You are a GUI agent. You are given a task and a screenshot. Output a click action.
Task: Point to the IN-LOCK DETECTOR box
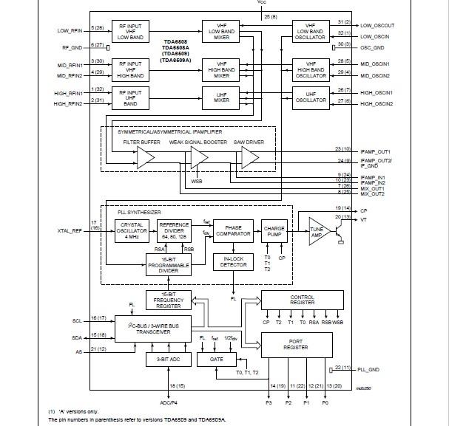click(x=234, y=261)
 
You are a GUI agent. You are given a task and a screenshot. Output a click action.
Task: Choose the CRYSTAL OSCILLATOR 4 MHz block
click(x=133, y=231)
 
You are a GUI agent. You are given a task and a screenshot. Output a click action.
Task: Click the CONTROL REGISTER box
click(x=302, y=299)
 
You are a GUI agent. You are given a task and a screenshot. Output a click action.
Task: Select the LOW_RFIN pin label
click(x=71, y=31)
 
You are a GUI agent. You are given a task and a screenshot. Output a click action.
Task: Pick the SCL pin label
click(x=77, y=321)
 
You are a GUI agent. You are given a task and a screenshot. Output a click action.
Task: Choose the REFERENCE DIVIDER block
click(x=174, y=230)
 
